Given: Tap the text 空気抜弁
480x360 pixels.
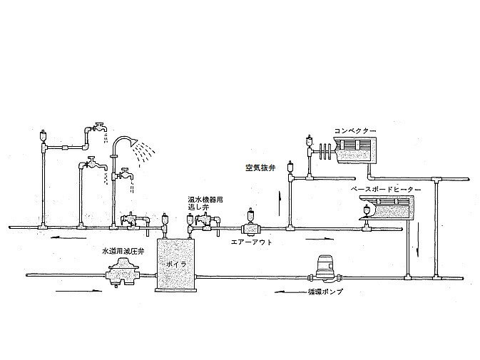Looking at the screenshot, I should [x=259, y=168].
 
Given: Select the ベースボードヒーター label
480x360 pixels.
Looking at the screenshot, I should [x=386, y=190].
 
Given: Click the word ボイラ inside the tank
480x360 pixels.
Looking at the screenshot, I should [x=175, y=264].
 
